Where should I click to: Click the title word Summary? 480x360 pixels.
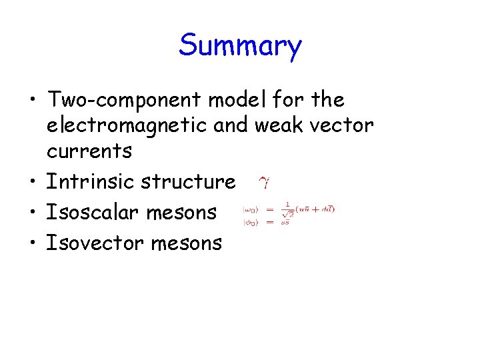click(240, 46)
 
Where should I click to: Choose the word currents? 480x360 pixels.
click(89, 151)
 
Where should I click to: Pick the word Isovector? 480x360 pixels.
click(93, 243)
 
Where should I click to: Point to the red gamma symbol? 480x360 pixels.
click(263, 183)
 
